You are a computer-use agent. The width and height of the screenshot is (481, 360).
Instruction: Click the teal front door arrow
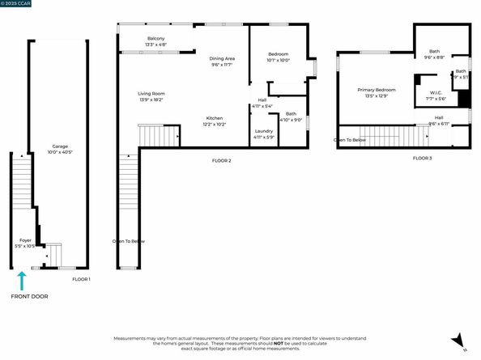[23, 281]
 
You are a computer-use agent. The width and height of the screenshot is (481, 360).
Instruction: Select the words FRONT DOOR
[29, 296]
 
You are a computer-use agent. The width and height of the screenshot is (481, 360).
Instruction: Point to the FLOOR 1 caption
[81, 279]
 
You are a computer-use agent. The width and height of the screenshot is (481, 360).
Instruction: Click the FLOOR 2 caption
[222, 160]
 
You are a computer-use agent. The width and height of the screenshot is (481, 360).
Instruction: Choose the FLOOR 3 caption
[422, 158]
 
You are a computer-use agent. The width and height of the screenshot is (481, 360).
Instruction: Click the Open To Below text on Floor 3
[350, 140]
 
